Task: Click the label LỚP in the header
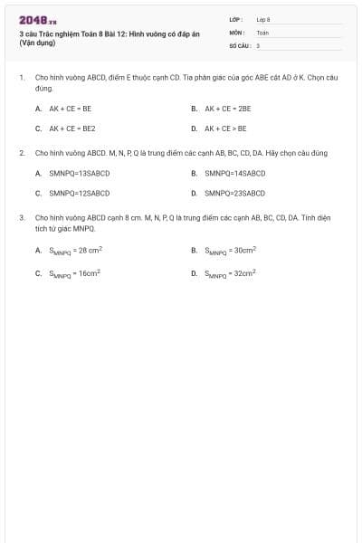click(235, 19)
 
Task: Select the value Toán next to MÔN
click(262, 32)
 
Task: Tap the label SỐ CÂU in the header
click(239, 44)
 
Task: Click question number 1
click(22, 78)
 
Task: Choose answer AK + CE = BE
click(70, 108)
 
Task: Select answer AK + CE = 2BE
click(227, 108)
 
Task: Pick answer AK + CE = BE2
click(71, 129)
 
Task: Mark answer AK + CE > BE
click(225, 129)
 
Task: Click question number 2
click(22, 152)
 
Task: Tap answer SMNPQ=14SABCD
click(234, 173)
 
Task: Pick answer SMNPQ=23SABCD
click(234, 193)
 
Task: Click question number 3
click(22, 217)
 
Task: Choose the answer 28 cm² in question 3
click(76, 250)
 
